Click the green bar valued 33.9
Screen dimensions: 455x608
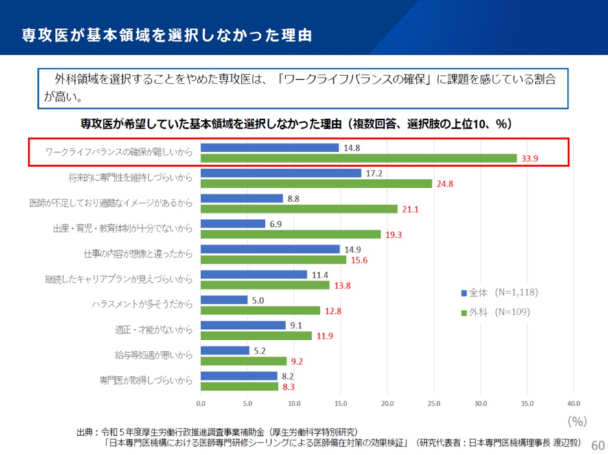click(x=359, y=158)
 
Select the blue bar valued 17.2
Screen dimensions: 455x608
click(x=281, y=173)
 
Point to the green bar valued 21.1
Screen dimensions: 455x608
click(x=299, y=208)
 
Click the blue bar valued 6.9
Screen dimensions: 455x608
click(x=233, y=224)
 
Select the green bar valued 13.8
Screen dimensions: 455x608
click(x=266, y=284)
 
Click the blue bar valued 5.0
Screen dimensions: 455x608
click(x=224, y=299)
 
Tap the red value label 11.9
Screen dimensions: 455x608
click(x=325, y=336)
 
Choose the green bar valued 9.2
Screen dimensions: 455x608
click(x=244, y=360)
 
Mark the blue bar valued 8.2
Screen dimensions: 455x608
click(x=239, y=376)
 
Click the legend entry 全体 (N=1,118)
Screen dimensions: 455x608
click(x=499, y=293)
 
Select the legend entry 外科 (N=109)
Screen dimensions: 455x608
click(x=495, y=312)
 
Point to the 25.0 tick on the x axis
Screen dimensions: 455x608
click(x=434, y=403)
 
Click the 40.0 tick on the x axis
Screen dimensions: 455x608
click(x=574, y=403)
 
